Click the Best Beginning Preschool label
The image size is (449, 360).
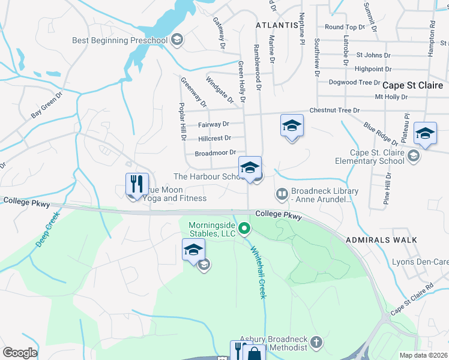(x=119, y=40)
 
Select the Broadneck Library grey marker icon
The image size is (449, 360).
(x=281, y=194)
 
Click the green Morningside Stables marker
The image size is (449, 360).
(x=244, y=228)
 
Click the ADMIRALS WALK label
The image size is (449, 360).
(x=381, y=240)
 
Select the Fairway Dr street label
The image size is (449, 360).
(x=214, y=124)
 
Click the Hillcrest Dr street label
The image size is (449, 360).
(x=214, y=139)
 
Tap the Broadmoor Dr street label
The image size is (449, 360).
(x=215, y=154)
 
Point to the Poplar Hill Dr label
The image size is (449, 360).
(x=182, y=122)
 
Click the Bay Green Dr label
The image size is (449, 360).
(x=47, y=105)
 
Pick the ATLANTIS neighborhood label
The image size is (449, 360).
(x=277, y=25)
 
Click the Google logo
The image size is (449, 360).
(x=20, y=353)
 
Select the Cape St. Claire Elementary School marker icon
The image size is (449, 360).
(x=413, y=157)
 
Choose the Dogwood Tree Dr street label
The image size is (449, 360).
(x=354, y=82)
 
